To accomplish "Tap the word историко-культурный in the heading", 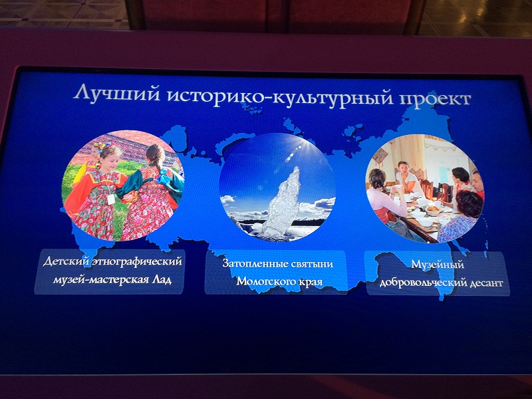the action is tap(280, 96).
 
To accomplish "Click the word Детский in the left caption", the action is tap(66, 261).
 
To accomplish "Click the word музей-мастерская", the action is tap(100, 281).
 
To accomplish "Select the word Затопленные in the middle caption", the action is tap(255, 263).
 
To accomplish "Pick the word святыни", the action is tap(312, 263).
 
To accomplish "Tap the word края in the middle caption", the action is tap(311, 282).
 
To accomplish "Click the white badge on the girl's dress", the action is tap(111, 199).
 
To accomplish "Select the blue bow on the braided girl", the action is tap(165, 177).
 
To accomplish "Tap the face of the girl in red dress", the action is tap(108, 159).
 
